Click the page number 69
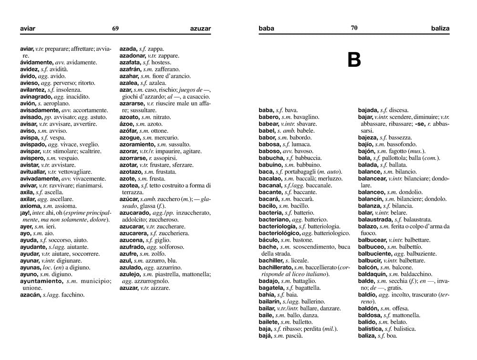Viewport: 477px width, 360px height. coord(115,28)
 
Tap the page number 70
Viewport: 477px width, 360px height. coord(354,28)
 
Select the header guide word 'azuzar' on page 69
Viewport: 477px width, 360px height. coord(200,29)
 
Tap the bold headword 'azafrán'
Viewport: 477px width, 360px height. coord(130,69)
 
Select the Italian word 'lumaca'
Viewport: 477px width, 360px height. coord(301,144)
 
